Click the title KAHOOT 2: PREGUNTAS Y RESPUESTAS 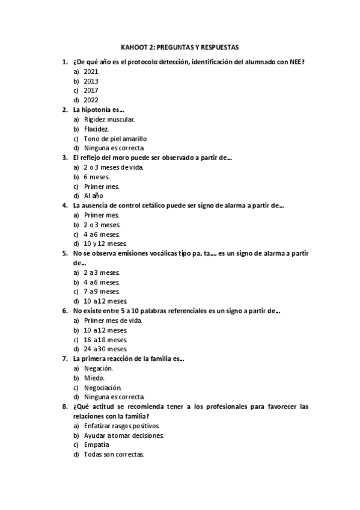click(x=180, y=47)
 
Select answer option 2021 click(x=91, y=71)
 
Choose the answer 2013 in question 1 click(x=91, y=81)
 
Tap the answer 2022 click(x=91, y=100)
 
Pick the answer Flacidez click(x=96, y=129)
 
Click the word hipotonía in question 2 click(x=97, y=109)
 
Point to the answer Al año click(x=94, y=196)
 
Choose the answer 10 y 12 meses click(x=105, y=244)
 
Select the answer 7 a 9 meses click(x=102, y=291)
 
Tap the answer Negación click(x=99, y=368)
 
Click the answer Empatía click(x=97, y=444)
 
